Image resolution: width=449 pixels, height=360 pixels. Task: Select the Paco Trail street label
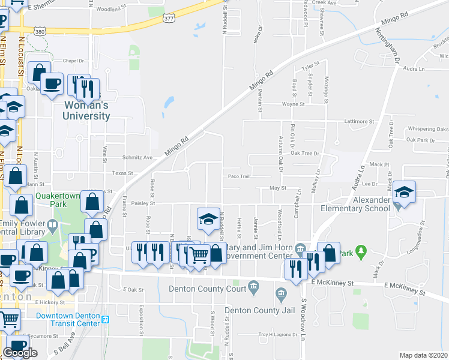tap(238, 176)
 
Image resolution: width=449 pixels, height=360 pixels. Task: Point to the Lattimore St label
tap(359, 121)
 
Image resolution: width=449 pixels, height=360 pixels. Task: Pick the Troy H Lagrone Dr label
tap(279, 334)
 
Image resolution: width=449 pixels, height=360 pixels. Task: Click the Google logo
tap(20, 353)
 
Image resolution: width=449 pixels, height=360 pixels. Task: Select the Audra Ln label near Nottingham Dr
tap(414, 69)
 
